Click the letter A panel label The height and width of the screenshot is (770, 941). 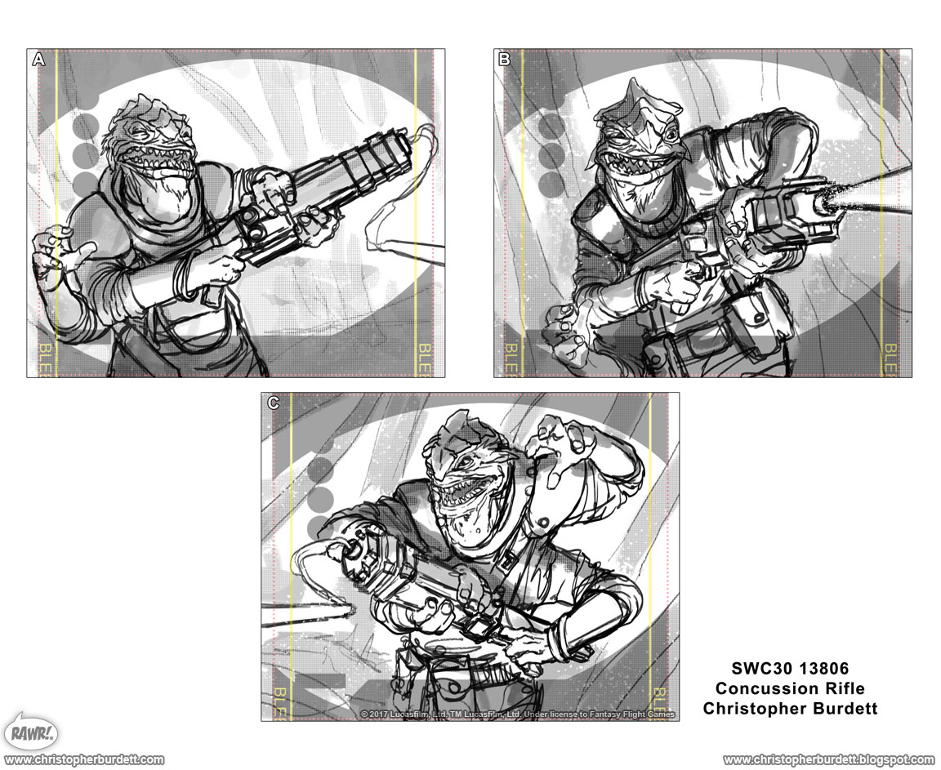[x=38, y=59]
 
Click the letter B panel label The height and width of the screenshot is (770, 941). [x=504, y=59]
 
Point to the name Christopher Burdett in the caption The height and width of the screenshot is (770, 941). [x=790, y=708]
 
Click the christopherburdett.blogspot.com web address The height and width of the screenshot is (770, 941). [x=828, y=759]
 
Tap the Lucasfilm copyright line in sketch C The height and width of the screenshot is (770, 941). [x=518, y=714]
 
